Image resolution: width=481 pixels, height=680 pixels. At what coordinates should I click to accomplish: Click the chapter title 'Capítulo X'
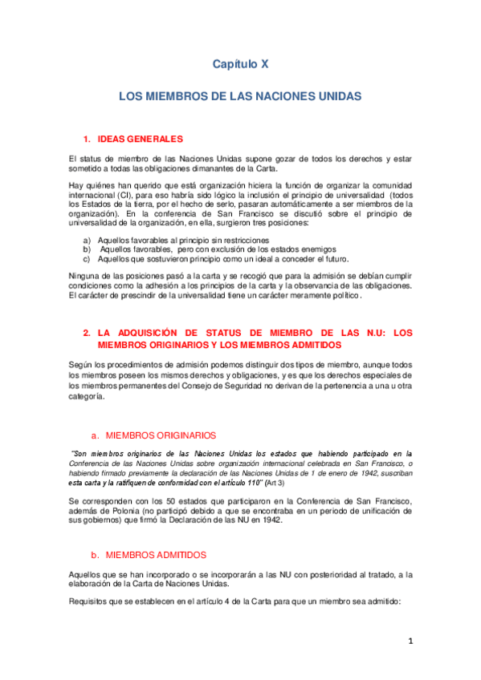[240, 63]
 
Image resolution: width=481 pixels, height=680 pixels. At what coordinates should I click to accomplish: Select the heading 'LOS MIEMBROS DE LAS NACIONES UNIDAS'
[240, 95]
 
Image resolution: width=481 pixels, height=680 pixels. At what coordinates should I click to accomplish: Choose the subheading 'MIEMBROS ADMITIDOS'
[156, 532]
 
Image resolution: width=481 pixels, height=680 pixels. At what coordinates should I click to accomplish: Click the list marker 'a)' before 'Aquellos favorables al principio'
[87, 241]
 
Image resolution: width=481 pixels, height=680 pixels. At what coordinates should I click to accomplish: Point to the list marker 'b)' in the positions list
[87, 249]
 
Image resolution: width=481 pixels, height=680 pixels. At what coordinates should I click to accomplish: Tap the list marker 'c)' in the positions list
[87, 259]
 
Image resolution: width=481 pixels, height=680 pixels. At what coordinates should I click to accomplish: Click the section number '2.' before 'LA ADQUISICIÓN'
[88, 332]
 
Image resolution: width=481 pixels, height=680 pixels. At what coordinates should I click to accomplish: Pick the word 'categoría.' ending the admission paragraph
[86, 395]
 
